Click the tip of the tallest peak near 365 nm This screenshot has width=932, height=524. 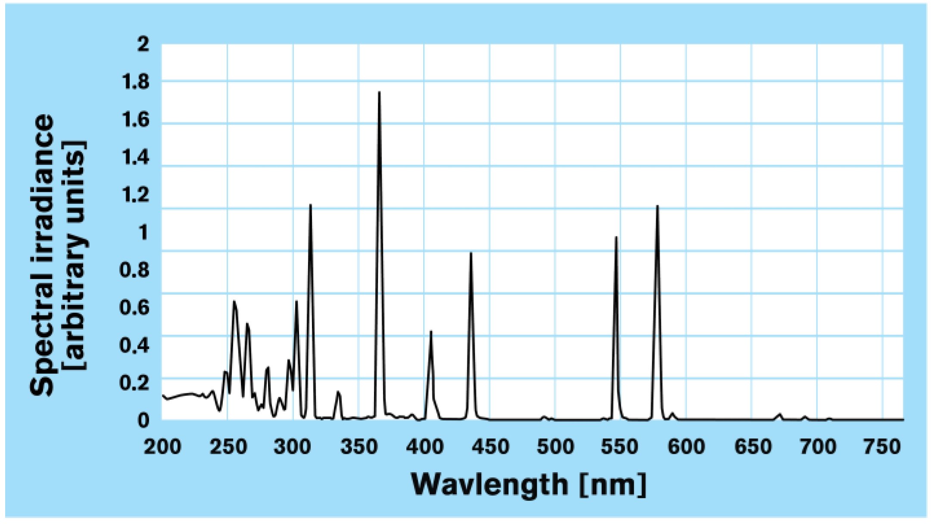(379, 92)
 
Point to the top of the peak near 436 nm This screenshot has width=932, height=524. (471, 253)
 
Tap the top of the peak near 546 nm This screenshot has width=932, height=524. (616, 237)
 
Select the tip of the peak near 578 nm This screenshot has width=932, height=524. (657, 206)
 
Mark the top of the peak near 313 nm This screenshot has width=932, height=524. (310, 205)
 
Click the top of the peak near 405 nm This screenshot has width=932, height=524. (430, 332)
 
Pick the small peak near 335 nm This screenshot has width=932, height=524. (338, 392)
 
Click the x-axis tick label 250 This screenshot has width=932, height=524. (228, 447)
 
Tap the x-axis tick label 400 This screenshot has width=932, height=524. (424, 447)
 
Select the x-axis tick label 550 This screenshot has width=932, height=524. (620, 447)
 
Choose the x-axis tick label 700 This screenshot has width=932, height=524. (817, 447)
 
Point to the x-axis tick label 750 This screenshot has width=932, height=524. (882, 447)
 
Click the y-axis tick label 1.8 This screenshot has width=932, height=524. (136, 82)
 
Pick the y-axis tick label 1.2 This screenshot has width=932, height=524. (136, 195)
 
